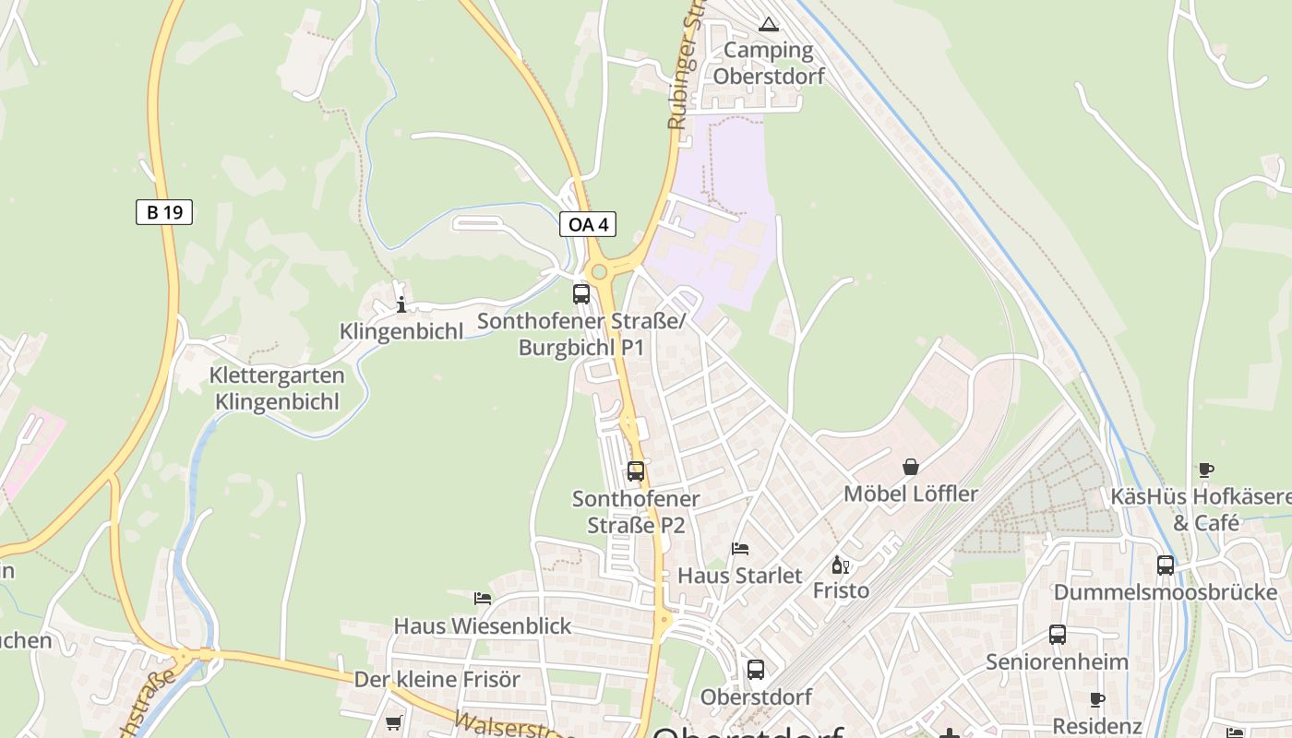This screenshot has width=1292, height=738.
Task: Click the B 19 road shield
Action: pos(164,212)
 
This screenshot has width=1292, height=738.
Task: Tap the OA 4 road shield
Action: pos(587,224)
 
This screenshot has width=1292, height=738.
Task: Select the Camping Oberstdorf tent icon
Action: pos(768,24)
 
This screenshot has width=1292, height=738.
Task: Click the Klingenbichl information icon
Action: pos(401,305)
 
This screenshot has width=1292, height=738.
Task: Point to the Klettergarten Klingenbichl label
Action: pos(277,388)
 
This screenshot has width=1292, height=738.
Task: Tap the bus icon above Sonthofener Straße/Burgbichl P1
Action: pos(581,294)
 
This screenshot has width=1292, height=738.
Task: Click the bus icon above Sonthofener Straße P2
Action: pos(636,471)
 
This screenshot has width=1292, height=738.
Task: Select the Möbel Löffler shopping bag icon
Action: pos(911,467)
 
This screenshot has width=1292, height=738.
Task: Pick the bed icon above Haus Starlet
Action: pos(740,549)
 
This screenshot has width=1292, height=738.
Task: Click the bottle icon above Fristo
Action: pos(840,565)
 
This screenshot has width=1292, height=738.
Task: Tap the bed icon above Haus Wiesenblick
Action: pos(483,599)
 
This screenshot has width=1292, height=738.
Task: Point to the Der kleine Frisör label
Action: pos(437,680)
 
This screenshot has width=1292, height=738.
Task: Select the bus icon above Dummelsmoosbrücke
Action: pos(1166,565)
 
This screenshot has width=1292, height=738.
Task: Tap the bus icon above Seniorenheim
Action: pos(1058,635)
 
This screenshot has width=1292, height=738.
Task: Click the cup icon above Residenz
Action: pos(1097,700)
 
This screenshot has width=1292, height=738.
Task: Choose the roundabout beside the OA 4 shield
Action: pos(600,271)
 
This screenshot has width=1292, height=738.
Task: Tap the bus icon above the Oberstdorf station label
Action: pos(756,670)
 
